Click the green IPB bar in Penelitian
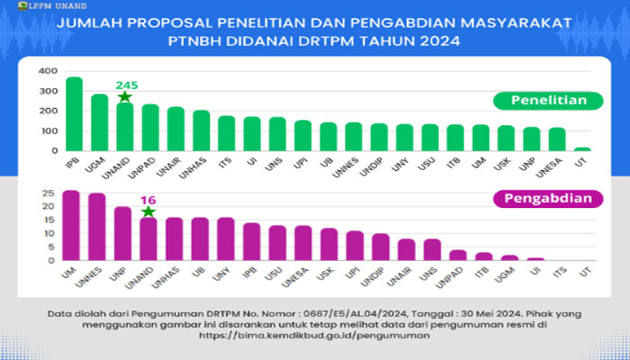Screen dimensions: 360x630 tap(74, 112)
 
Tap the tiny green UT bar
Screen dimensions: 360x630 tap(583, 149)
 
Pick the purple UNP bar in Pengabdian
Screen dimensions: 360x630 tap(122, 233)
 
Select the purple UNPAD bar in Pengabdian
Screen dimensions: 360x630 tap(458, 255)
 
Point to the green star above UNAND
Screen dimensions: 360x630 tap(124, 96)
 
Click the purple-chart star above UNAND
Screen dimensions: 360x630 tap(148, 211)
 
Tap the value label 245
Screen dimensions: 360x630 tap(126, 85)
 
